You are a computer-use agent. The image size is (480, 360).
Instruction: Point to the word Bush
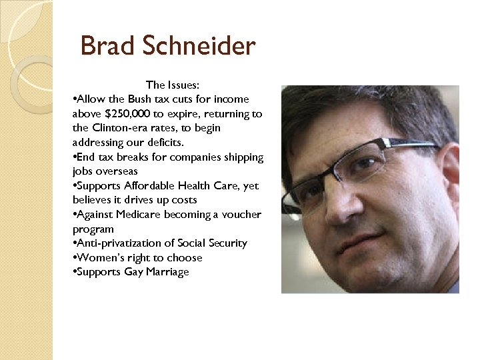[x=142, y=99]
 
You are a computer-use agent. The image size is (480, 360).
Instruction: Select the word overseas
[x=119, y=171]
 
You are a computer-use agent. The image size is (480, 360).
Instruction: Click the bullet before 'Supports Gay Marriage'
[x=74, y=272]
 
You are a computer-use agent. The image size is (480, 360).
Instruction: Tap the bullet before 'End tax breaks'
[x=74, y=157]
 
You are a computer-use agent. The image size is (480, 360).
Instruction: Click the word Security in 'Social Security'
[x=228, y=243]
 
